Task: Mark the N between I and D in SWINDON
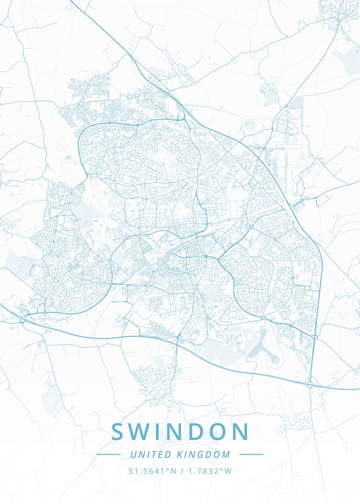click(179, 432)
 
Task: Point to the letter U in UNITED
click(133, 454)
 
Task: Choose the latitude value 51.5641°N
click(152, 471)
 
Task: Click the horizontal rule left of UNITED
click(108, 454)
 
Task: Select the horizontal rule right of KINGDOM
click(251, 454)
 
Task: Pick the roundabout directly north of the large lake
click(263, 318)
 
